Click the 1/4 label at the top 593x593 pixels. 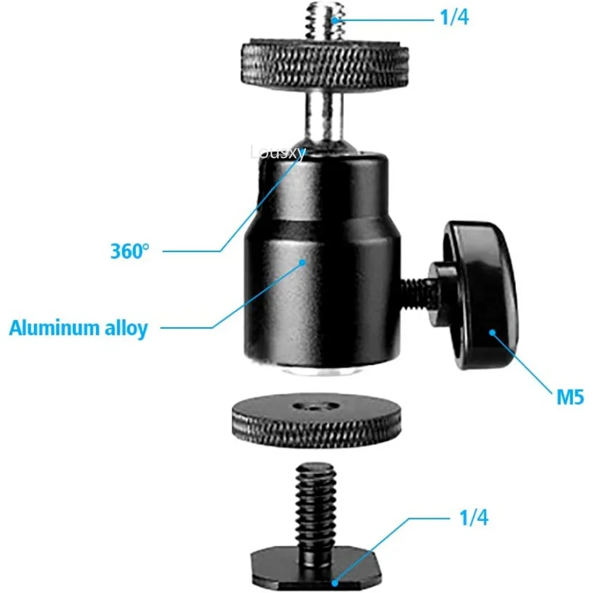coord(454,18)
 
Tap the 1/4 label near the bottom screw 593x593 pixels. coord(473,518)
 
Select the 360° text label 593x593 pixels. coord(127,251)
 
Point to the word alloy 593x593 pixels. coord(128,327)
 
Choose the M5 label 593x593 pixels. coord(570,397)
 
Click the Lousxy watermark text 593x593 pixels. coord(278,153)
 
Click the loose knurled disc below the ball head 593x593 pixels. coord(315,422)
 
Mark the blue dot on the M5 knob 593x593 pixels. coord(492,332)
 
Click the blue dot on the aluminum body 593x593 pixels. coord(302,261)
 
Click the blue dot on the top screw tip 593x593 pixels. coord(335,20)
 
